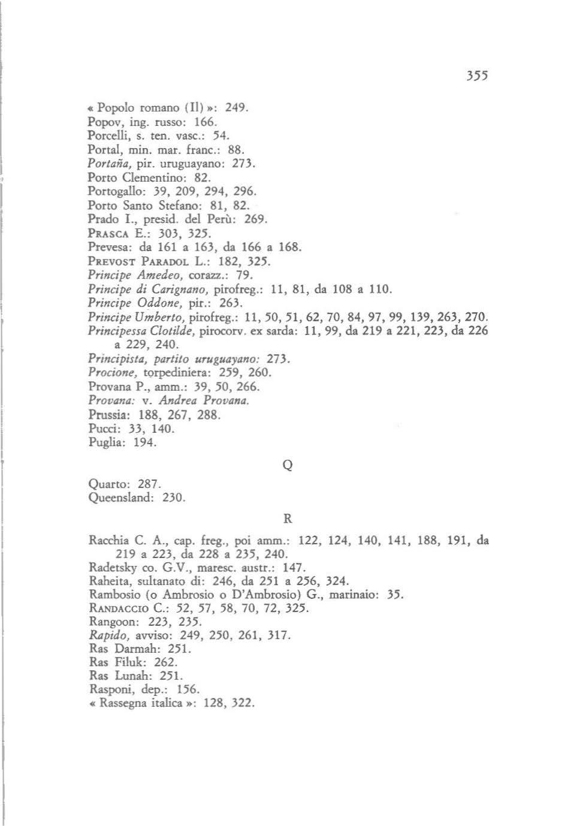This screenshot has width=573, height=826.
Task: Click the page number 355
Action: (x=477, y=76)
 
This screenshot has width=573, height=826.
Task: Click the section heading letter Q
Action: (x=287, y=465)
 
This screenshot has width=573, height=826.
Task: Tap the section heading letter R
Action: (x=287, y=518)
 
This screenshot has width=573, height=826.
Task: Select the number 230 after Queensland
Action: (x=174, y=498)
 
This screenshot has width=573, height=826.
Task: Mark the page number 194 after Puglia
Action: (x=144, y=442)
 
